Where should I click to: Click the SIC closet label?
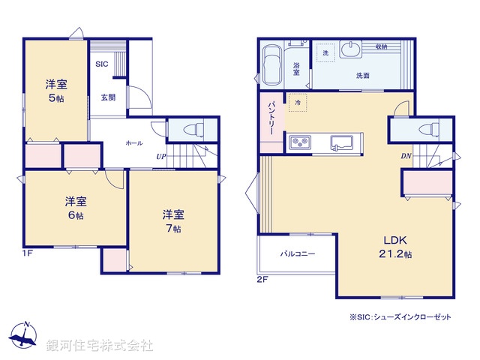tap(101, 64)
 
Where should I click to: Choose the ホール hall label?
tap(134, 142)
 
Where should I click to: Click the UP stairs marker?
tap(160, 157)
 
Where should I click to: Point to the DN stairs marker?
tap(405, 157)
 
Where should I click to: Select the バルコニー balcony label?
tap(298, 254)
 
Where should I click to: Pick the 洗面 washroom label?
tap(363, 76)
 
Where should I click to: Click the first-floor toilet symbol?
tap(191, 129)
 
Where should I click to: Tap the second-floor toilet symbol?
tap(428, 129)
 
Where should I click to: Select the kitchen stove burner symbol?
tap(301, 140)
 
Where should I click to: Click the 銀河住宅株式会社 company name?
tap(99, 346)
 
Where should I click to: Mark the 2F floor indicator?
tap(262, 279)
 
